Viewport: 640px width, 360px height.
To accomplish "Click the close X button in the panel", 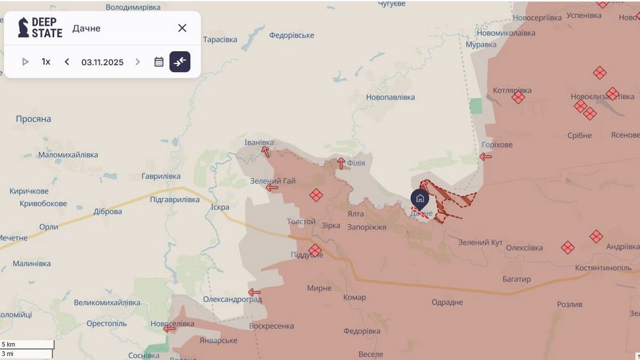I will [182, 28].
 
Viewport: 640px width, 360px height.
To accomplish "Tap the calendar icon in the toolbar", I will [159, 62].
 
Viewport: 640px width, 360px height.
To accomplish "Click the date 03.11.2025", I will [102, 62].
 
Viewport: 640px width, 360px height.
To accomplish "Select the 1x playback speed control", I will [46, 62].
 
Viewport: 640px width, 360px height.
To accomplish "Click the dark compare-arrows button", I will [180, 62].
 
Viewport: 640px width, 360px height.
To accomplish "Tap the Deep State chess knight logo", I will [23, 28].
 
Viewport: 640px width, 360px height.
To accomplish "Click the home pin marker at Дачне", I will [420, 199].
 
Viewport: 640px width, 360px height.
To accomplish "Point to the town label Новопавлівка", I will [390, 98].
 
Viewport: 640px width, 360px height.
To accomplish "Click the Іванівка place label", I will [259, 142].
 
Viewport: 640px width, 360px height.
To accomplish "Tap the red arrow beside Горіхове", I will [485, 157].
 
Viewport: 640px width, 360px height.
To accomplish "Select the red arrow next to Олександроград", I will [254, 292].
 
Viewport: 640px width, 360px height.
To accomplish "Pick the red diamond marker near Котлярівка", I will [518, 97].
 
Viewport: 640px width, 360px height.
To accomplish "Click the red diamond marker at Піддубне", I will [315, 250].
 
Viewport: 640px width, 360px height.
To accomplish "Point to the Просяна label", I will [33, 119].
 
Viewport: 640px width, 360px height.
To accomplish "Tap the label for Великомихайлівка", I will [107, 303].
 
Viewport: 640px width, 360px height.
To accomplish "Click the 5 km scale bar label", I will [9, 345].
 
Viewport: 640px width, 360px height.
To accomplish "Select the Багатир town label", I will [516, 279].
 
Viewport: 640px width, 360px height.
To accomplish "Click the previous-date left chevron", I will [67, 62].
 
